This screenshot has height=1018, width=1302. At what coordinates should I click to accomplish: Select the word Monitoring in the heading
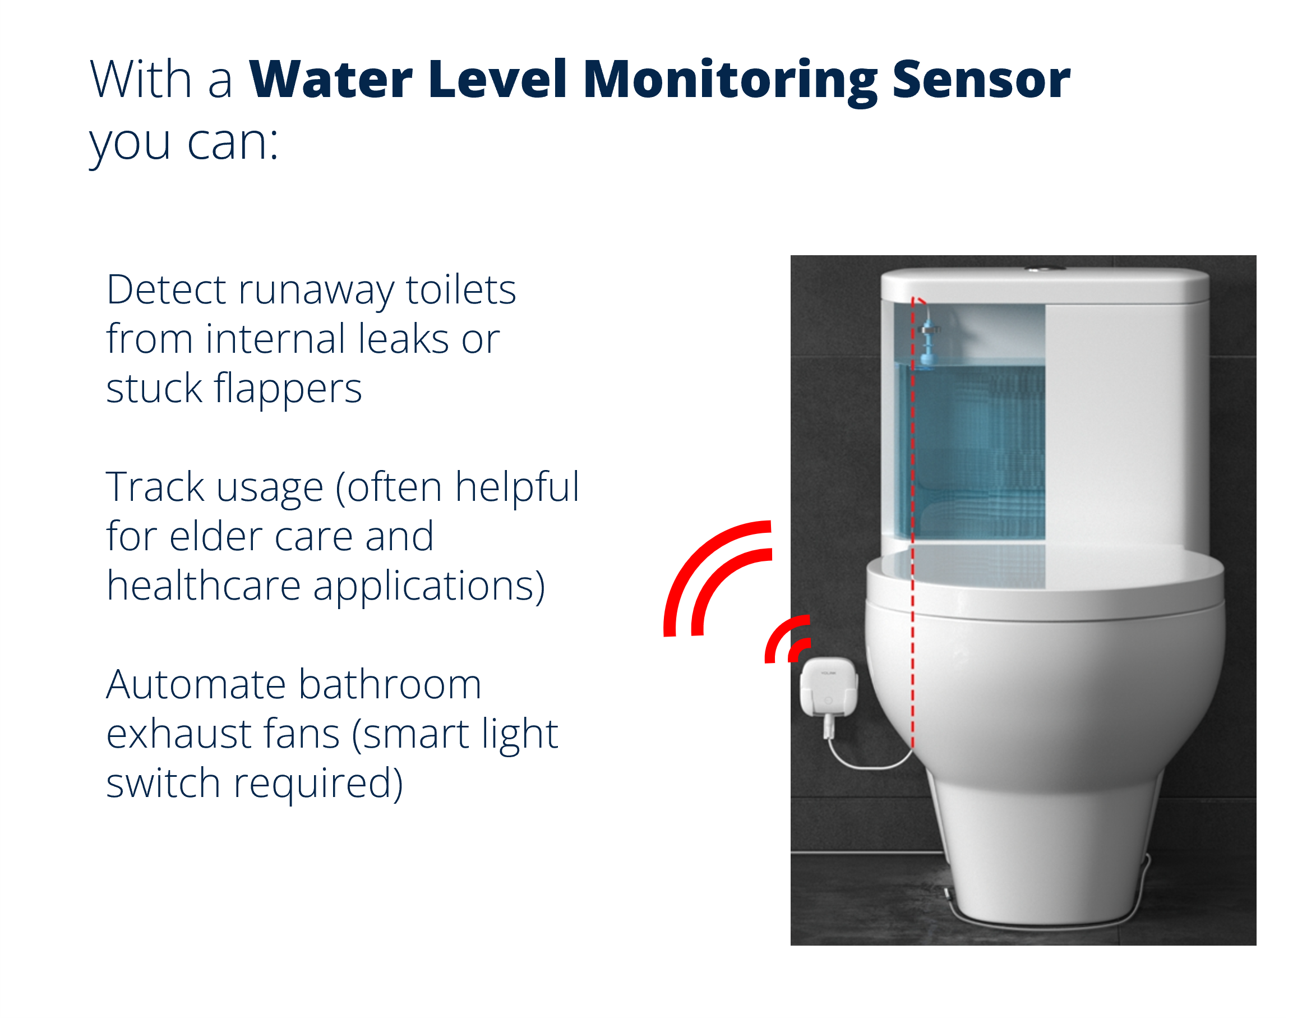click(730, 80)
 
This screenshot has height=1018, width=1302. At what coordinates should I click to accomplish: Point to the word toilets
click(461, 291)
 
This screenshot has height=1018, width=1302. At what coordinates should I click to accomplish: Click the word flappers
click(288, 389)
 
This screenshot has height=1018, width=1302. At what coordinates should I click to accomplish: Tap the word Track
click(155, 487)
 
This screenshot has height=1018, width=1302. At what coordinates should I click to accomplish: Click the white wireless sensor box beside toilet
click(828, 687)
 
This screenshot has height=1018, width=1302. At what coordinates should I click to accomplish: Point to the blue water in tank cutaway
click(978, 453)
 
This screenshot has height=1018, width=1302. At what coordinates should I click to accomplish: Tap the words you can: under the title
click(183, 143)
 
